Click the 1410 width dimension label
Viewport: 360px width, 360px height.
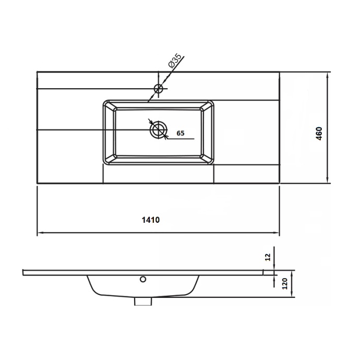coord(151,220)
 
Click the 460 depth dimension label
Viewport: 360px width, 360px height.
coord(319,134)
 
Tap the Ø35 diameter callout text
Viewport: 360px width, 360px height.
coord(175,61)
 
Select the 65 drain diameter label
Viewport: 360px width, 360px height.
coord(181,133)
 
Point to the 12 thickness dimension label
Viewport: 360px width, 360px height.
coord(268,257)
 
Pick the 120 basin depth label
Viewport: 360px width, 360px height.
coord(284,283)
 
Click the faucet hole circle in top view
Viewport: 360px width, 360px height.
coord(159,88)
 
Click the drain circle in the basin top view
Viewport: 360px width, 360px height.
coord(158,130)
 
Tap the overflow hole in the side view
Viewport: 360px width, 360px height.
coord(143,279)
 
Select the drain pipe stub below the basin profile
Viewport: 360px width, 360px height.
coord(143,301)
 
